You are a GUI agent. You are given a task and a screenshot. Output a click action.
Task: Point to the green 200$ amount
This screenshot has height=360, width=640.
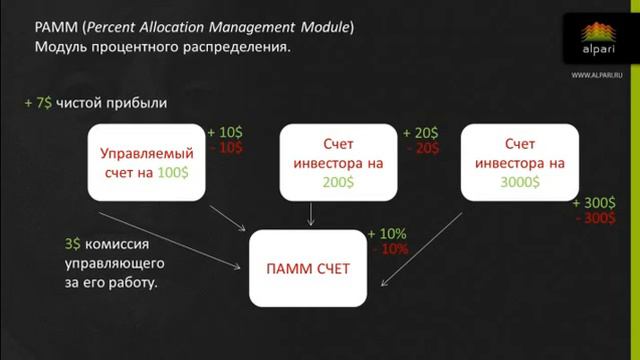coord(331,182)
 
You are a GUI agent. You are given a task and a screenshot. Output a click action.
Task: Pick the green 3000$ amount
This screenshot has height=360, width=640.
coord(520,182)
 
